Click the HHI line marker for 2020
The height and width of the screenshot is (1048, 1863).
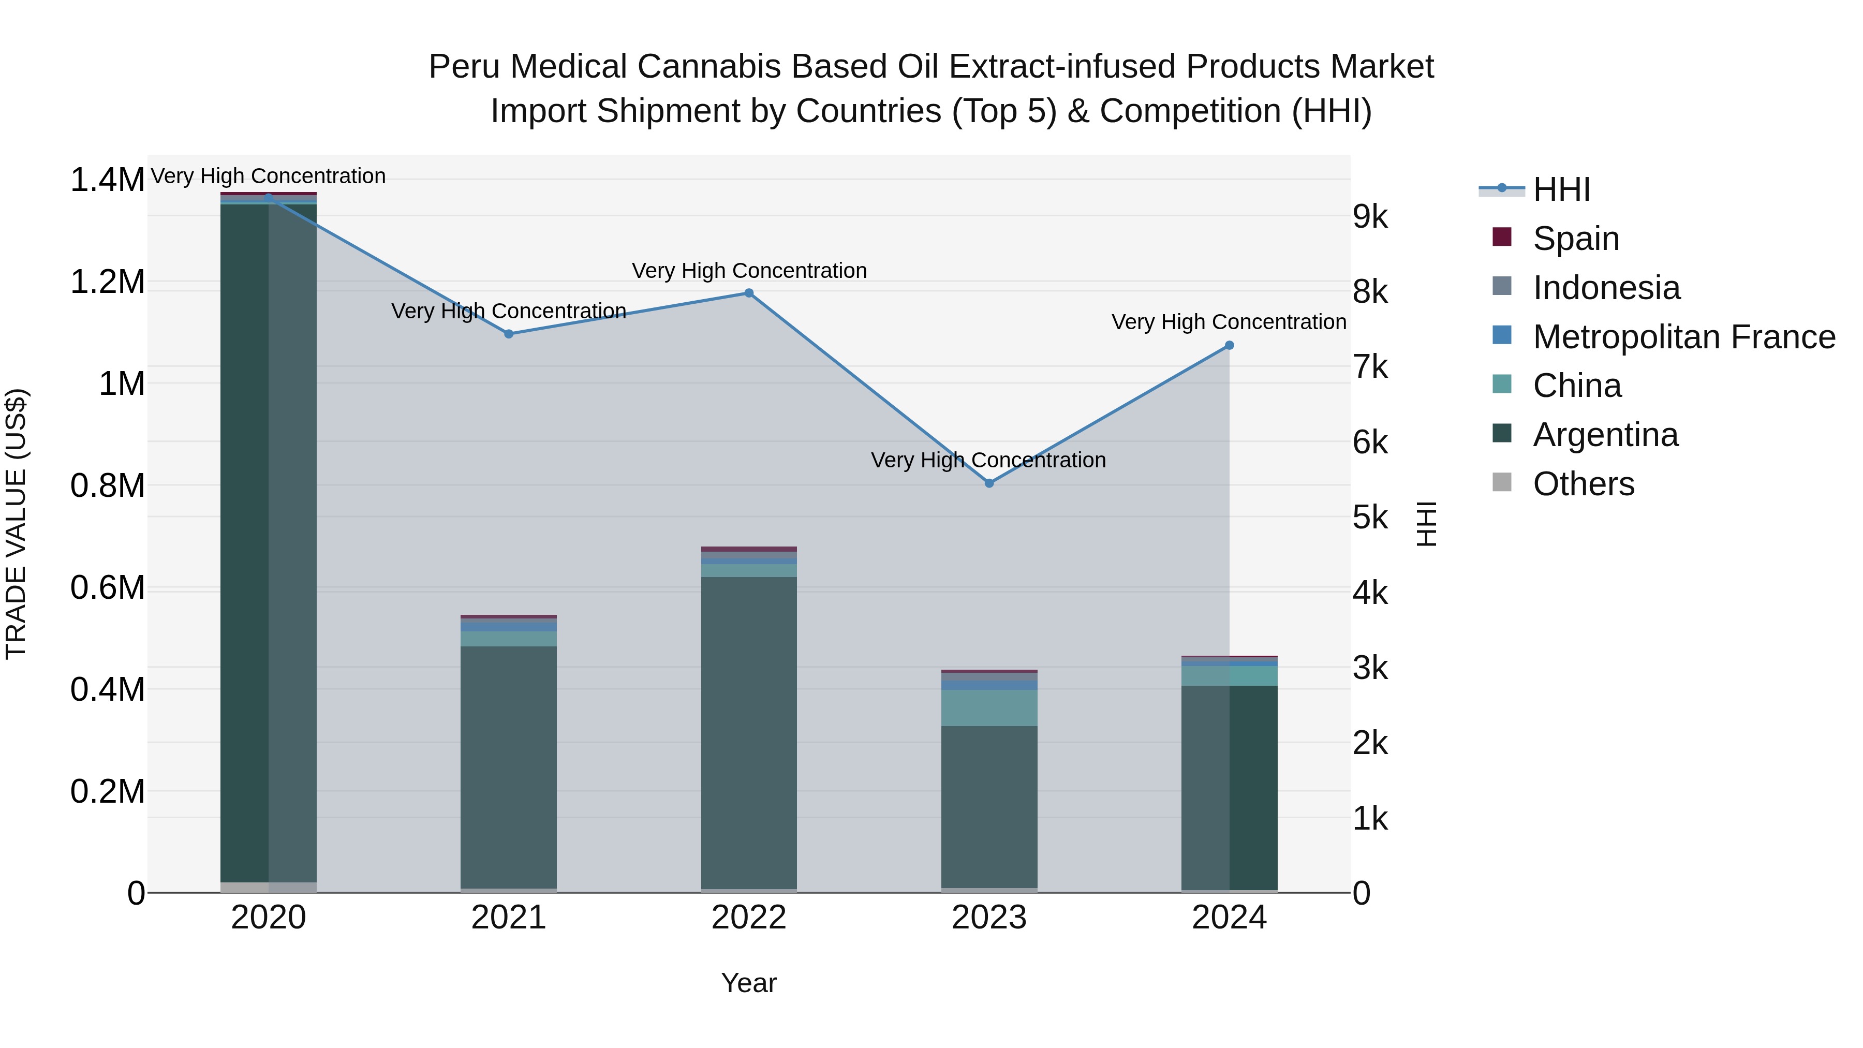(268, 198)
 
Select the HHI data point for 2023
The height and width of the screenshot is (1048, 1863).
(989, 483)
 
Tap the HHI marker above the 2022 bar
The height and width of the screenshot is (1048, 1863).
(749, 293)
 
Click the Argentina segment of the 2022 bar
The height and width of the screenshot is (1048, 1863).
(749, 730)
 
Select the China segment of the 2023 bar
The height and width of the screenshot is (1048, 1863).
(989, 707)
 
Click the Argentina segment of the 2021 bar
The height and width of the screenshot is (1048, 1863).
(508, 766)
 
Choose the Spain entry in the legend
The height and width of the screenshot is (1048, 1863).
(1575, 239)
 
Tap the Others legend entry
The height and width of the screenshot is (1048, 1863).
(1583, 484)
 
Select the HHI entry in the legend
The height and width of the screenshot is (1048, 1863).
(1561, 189)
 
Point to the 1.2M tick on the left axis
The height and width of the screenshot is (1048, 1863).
(107, 282)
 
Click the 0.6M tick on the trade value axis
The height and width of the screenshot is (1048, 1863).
(107, 588)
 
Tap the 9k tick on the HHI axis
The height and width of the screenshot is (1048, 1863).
(1370, 216)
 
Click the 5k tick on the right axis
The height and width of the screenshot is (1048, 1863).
(1370, 518)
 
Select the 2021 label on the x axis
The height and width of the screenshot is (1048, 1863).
(508, 918)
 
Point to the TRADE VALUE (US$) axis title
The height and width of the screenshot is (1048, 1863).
(16, 524)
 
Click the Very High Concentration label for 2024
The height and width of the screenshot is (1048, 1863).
(1228, 322)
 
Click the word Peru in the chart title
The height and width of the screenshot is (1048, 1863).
(464, 67)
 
